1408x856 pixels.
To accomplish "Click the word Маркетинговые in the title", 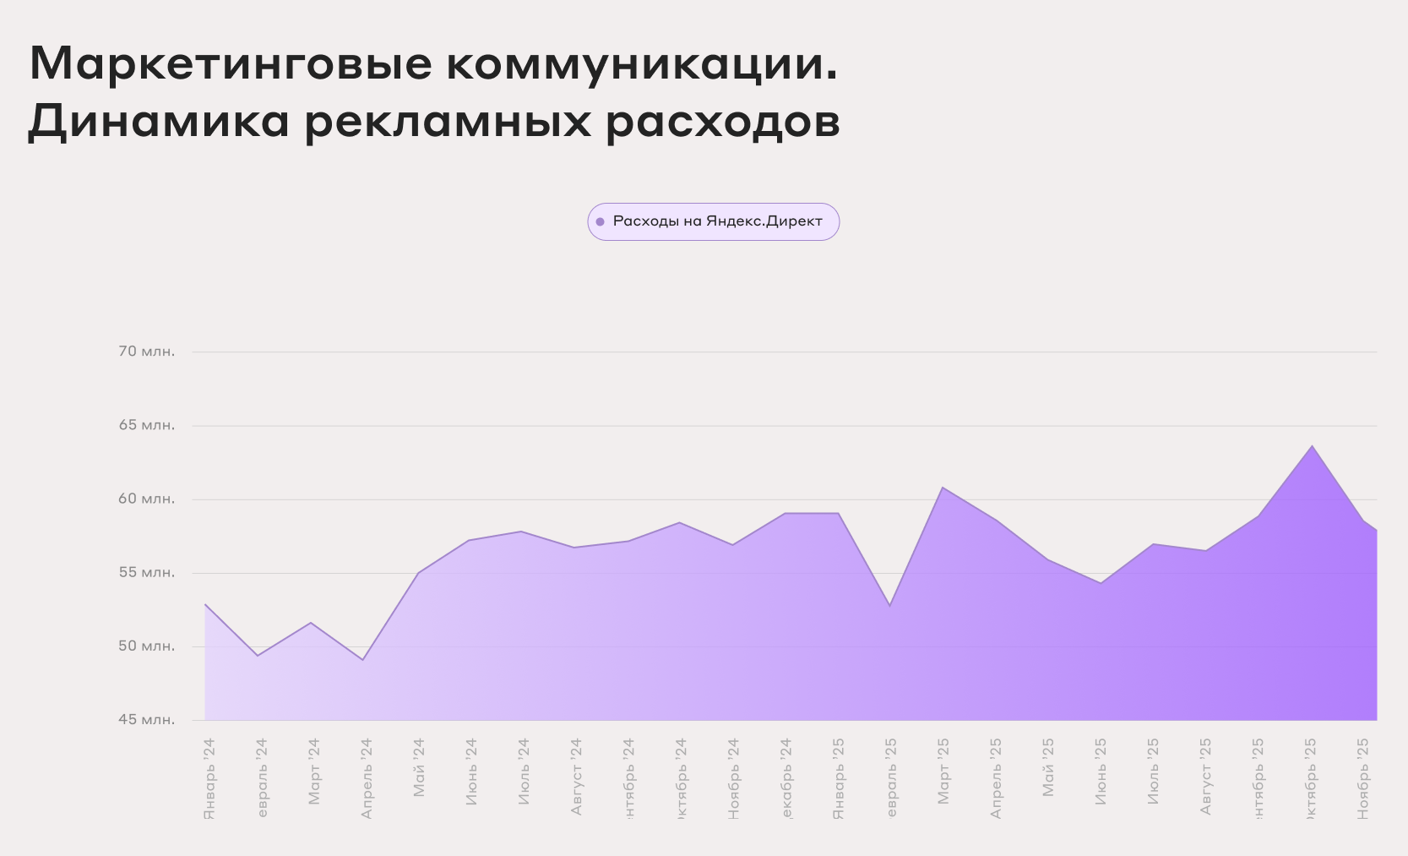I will click(231, 63).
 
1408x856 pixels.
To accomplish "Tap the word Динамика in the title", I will click(159, 121).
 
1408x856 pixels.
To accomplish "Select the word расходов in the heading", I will click(723, 121).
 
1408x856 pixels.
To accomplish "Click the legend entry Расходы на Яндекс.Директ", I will click(717, 221).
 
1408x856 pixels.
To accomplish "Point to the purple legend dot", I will click(600, 222).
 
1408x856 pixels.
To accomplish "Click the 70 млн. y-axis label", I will click(147, 352).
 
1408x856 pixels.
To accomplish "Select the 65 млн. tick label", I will click(147, 425).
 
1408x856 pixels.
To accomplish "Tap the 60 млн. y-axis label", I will click(147, 499).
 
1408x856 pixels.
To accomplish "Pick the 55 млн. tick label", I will click(147, 572).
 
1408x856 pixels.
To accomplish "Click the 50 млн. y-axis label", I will click(147, 646).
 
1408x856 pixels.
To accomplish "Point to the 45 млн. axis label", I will click(147, 719).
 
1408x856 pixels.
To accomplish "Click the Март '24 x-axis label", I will click(314, 771).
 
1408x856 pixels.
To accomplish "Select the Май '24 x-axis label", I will click(419, 767).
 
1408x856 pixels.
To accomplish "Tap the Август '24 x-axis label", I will click(577, 777).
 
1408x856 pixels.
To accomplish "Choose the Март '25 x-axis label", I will click(943, 771).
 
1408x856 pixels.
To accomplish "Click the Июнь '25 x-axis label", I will click(1101, 771).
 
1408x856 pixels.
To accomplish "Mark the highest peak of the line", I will click(1312, 446).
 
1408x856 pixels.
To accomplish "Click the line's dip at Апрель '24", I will click(363, 659).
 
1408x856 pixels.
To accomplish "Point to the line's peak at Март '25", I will click(943, 488).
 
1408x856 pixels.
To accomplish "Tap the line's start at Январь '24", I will click(206, 605).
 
